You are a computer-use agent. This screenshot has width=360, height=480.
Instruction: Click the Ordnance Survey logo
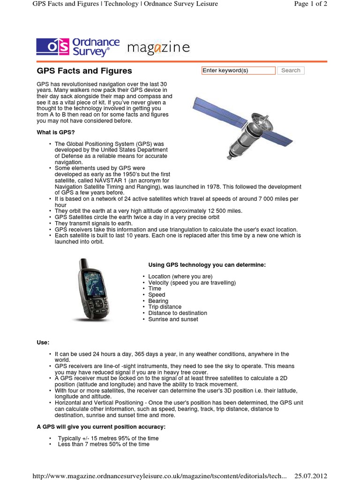78,47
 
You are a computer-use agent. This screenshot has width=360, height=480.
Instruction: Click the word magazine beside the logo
158,48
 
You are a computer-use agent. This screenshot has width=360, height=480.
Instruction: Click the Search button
291,70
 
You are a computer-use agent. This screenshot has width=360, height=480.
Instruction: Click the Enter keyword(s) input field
238,70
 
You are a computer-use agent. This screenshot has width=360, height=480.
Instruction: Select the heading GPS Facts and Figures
84,71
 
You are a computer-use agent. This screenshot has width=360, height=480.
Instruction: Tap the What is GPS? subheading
56,133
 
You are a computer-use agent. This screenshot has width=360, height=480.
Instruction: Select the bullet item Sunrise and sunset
173,319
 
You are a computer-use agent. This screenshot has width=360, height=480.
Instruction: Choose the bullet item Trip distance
165,307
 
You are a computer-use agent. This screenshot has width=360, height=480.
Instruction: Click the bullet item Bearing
158,301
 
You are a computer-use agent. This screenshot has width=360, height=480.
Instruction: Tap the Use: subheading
43,343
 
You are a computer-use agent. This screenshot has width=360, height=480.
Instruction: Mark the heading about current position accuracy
101,427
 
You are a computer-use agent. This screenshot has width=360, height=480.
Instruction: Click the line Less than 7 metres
104,444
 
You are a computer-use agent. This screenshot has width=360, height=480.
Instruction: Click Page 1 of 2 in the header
310,4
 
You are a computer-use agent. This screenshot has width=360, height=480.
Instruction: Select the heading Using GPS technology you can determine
207,265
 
